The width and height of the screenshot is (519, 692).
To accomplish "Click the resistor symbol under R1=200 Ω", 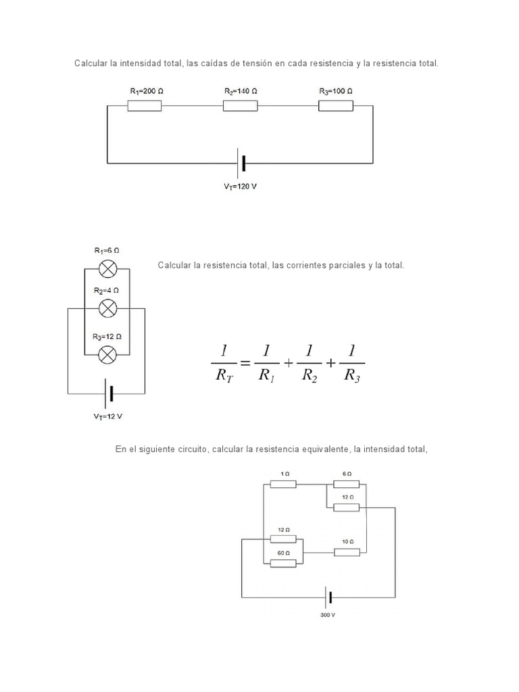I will coord(144,105).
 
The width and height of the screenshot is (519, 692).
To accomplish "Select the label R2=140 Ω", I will coord(241,91).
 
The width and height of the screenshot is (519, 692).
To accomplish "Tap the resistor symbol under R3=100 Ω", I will coord(336,105).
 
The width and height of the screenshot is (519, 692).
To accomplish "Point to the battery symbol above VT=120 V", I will coord(241,163).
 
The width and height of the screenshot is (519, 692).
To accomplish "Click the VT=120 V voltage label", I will coord(241,187).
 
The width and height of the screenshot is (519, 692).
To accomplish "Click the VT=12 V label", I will coord(107,416).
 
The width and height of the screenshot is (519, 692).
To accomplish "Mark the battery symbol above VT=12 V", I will coord(107,394).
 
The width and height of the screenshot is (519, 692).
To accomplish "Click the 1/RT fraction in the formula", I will coord(224,363).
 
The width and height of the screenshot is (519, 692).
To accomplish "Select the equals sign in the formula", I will coord(245,363).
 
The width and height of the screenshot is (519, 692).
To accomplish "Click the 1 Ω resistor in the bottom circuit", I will coord(282,484).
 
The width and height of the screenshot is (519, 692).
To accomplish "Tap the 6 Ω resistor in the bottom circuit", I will coord(346,484).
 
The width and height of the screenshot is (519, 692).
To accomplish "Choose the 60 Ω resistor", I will coord(282,563).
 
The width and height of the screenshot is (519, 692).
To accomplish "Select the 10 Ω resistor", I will coord(347,552).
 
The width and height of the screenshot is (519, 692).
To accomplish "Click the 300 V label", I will coord(328,615).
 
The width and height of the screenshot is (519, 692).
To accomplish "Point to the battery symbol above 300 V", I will coord(328,597).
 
